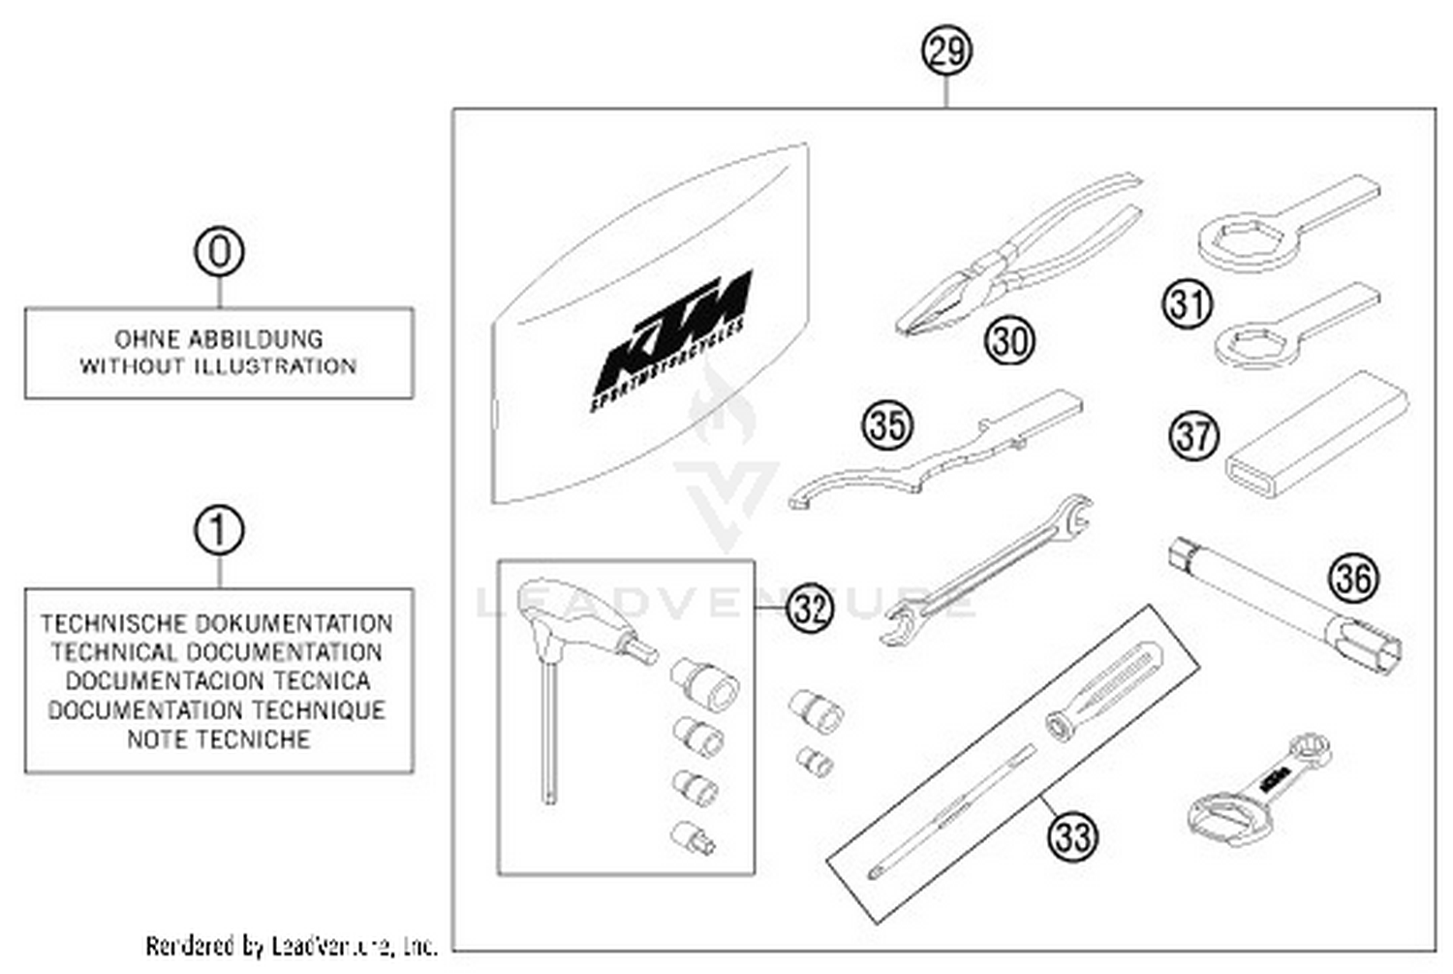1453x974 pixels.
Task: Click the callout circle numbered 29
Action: (945, 50)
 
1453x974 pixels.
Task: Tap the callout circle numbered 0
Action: (219, 253)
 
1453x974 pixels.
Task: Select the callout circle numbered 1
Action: (219, 531)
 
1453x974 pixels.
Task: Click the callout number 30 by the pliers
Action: (1009, 341)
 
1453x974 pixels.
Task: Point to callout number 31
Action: (1188, 303)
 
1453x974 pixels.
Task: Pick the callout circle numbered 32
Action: (810, 608)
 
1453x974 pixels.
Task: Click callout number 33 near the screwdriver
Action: (1073, 835)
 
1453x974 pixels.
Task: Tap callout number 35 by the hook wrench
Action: (887, 425)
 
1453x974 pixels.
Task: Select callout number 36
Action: (1353, 579)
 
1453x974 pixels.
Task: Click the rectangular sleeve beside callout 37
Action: (1315, 432)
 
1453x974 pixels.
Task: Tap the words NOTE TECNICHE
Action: (219, 739)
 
